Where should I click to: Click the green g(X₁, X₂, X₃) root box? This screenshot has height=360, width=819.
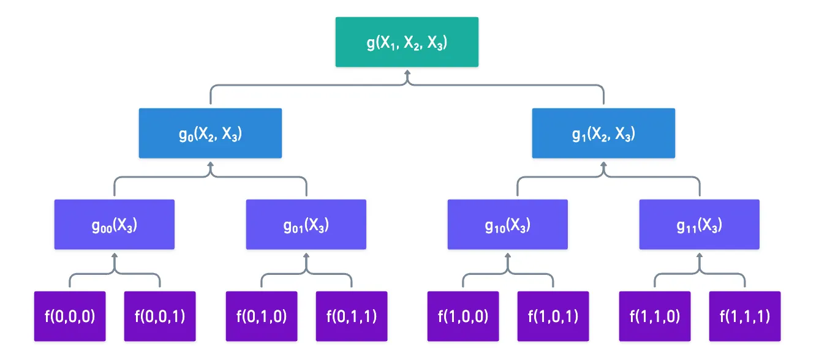pyautogui.click(x=407, y=42)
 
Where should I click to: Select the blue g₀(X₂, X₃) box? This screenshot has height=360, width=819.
pyautogui.click(x=210, y=133)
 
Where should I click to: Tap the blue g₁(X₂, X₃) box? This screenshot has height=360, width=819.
pyautogui.click(x=603, y=133)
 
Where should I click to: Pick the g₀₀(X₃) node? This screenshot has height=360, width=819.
pyautogui.click(x=115, y=224)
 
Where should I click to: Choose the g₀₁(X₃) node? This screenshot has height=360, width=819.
pyautogui.click(x=306, y=224)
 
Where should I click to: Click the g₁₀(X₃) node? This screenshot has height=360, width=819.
pyautogui.click(x=508, y=224)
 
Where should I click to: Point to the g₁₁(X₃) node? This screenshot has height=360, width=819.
pyautogui.click(x=700, y=224)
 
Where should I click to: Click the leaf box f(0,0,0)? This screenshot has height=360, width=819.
pyautogui.click(x=70, y=316)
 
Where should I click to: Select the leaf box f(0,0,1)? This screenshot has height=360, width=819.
pyautogui.click(x=160, y=316)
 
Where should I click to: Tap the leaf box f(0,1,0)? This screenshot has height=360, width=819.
pyautogui.click(x=262, y=316)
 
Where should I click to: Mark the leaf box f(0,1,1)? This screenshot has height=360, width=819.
pyautogui.click(x=352, y=316)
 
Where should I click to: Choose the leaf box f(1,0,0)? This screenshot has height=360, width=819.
pyautogui.click(x=462, y=316)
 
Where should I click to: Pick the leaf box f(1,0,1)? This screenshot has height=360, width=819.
pyautogui.click(x=553, y=316)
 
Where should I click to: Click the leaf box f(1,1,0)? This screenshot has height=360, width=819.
pyautogui.click(x=655, y=316)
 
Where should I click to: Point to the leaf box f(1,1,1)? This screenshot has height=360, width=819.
pyautogui.click(x=745, y=316)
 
